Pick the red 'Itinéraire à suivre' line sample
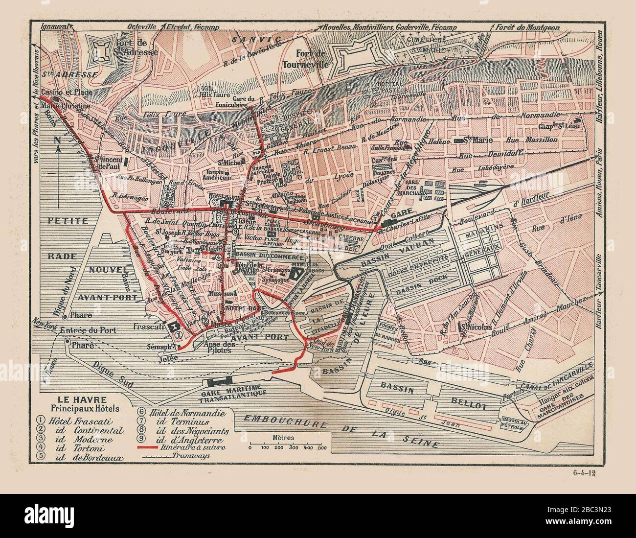(x=158, y=448)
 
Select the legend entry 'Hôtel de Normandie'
(x=182, y=412)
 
